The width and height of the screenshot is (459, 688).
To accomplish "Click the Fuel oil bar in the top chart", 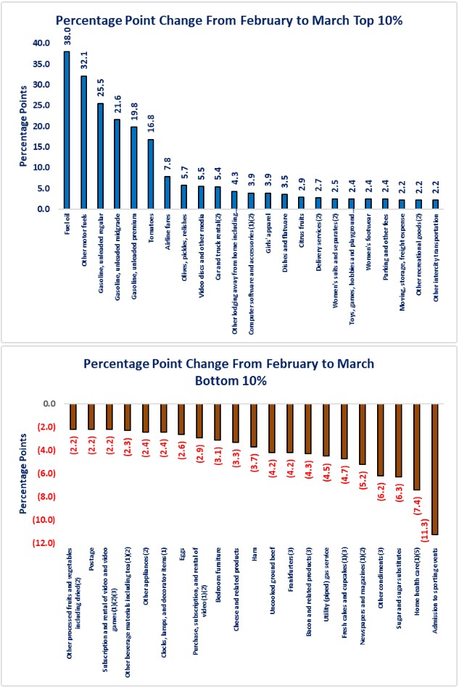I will (67, 130).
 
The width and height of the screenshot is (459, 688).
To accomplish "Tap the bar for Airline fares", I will (167, 193).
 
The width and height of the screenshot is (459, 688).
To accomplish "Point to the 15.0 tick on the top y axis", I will (44, 147).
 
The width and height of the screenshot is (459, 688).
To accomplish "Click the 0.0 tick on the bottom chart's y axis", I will (48, 404).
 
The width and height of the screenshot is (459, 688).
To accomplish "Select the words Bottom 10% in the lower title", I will (229, 380).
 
